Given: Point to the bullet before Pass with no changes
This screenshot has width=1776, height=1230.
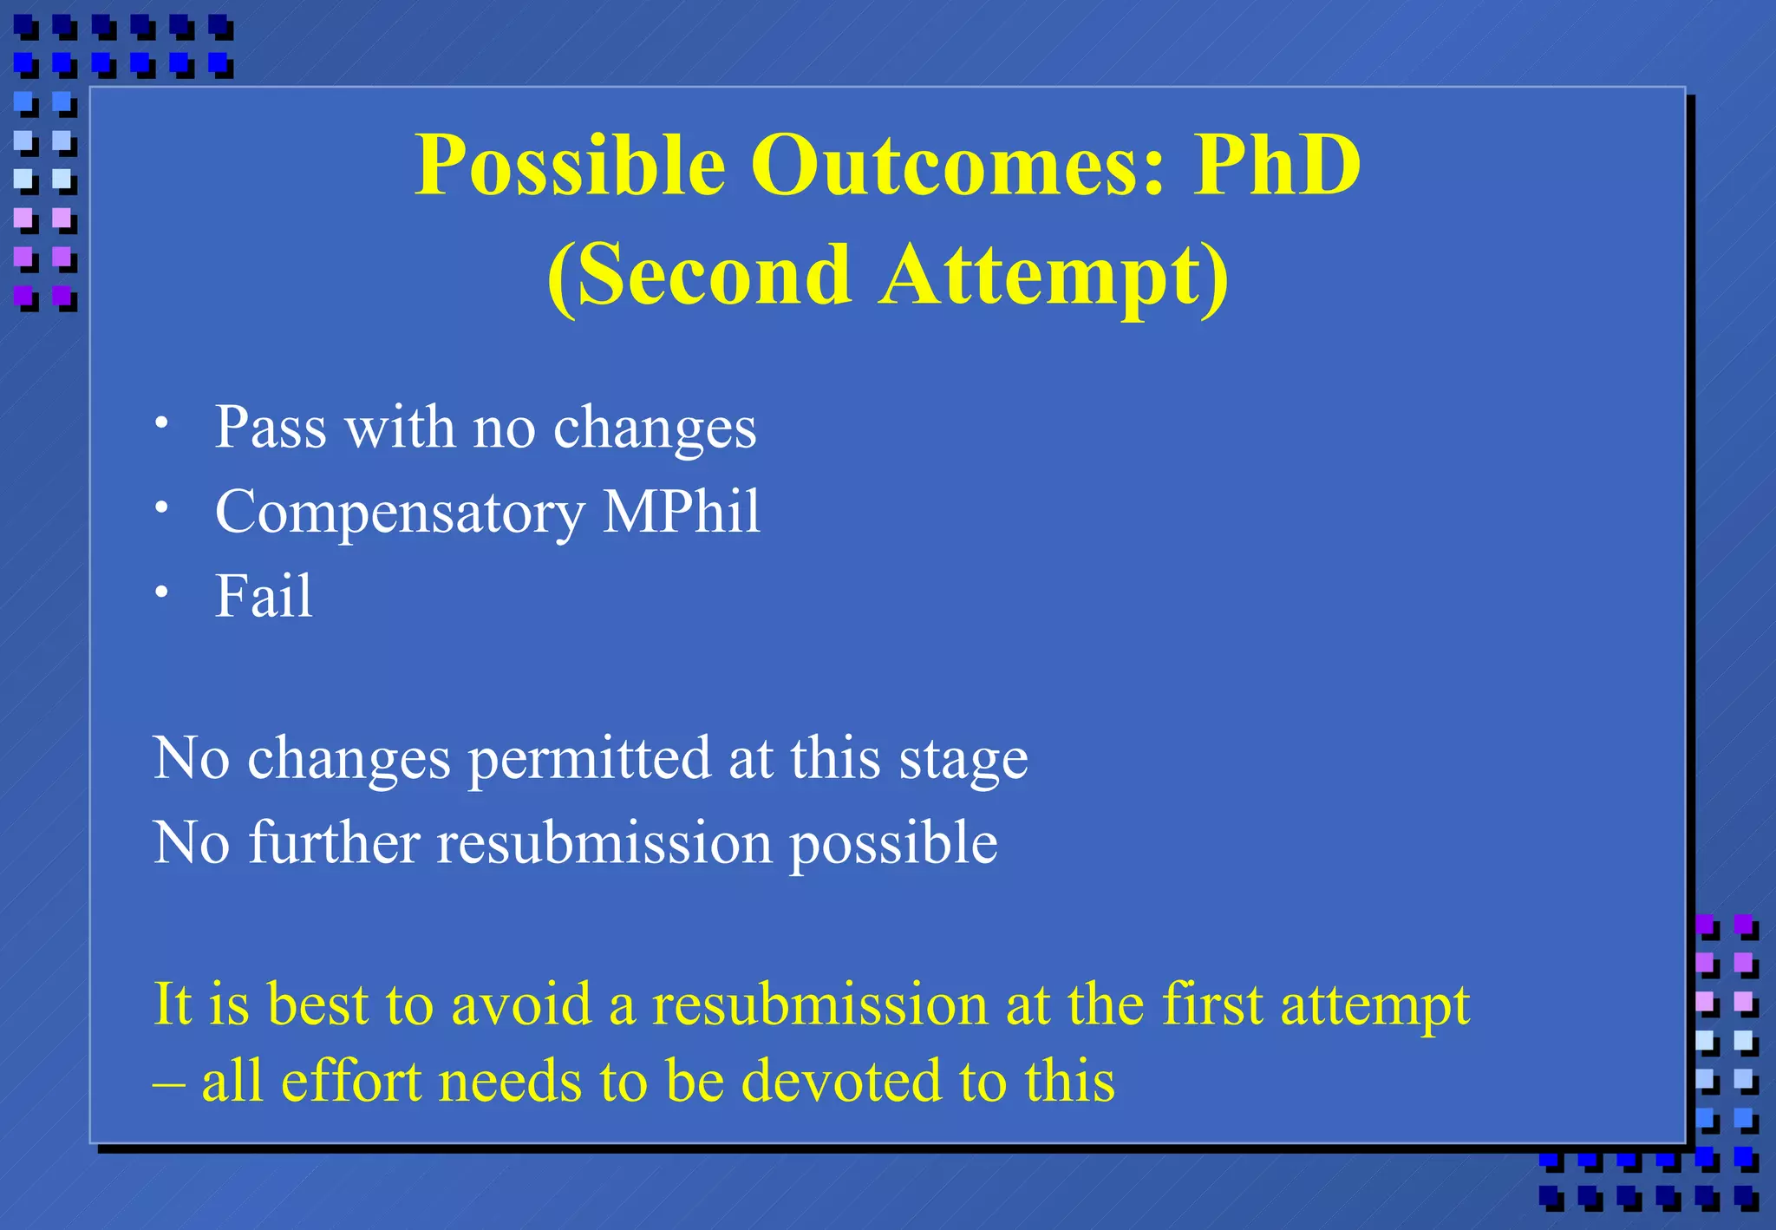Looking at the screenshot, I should click(x=161, y=423).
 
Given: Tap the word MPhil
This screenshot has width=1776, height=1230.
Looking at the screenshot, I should click(x=682, y=511).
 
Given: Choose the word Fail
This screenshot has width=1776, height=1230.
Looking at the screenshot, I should click(x=264, y=596).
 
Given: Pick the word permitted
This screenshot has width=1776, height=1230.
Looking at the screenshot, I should click(x=590, y=759).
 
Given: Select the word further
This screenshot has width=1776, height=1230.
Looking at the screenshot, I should click(x=335, y=842).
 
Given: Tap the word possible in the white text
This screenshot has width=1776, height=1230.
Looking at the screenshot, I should click(x=893, y=844).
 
